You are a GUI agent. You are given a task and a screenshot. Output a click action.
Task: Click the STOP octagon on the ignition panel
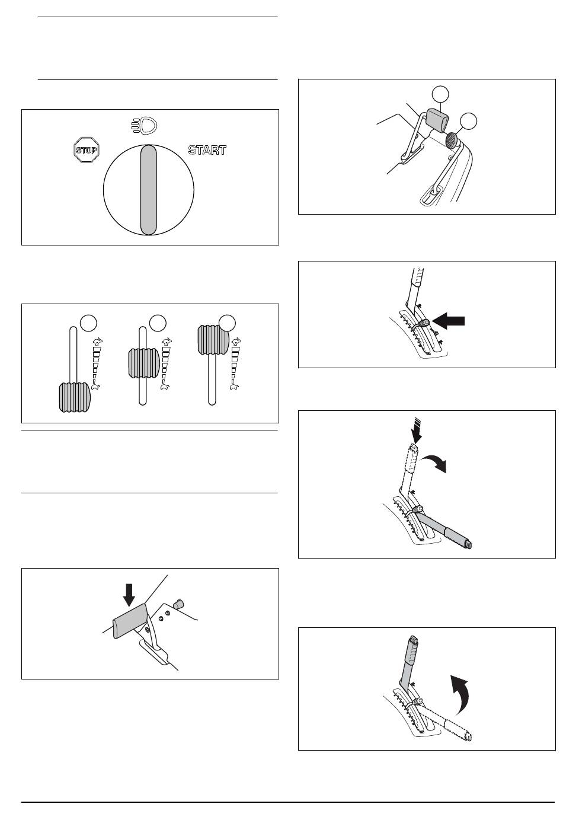[x=87, y=150]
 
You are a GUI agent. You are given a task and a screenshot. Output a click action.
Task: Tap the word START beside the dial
[x=207, y=150]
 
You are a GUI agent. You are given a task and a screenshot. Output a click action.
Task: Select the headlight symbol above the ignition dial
[x=145, y=126]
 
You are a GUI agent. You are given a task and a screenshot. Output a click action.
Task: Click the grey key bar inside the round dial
[x=149, y=190]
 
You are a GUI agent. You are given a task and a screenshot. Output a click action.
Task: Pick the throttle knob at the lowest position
[x=74, y=397]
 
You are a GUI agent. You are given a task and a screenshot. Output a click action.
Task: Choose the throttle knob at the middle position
[x=143, y=363]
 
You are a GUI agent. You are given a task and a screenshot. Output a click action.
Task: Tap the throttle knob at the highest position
[x=213, y=340]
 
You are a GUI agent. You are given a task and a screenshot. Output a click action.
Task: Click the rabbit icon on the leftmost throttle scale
[x=98, y=342]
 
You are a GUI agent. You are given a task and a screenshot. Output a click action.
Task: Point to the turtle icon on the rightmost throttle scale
[x=234, y=385]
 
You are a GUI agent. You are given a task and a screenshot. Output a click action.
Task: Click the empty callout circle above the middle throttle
[x=158, y=323]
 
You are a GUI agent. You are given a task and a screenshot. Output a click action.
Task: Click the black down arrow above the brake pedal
[x=129, y=595]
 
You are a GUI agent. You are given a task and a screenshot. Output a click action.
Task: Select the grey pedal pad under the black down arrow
[x=130, y=621]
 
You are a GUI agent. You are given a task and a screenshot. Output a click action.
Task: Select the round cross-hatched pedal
[x=452, y=140]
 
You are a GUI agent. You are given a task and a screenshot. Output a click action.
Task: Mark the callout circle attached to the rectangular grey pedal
[x=440, y=94]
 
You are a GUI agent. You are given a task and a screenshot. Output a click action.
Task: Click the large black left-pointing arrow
[x=448, y=321]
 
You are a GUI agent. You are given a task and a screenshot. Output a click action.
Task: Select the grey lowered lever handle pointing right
[x=444, y=529]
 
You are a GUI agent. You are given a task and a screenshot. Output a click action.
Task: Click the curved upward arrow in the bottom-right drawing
[x=459, y=695]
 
